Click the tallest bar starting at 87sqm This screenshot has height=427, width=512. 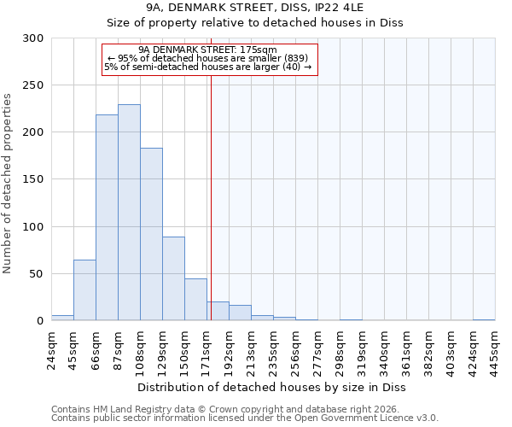129,213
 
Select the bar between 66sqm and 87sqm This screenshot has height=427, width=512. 107,218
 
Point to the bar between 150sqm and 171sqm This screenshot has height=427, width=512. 195,300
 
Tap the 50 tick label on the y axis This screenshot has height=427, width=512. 37,274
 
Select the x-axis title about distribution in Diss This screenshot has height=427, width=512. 271,387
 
